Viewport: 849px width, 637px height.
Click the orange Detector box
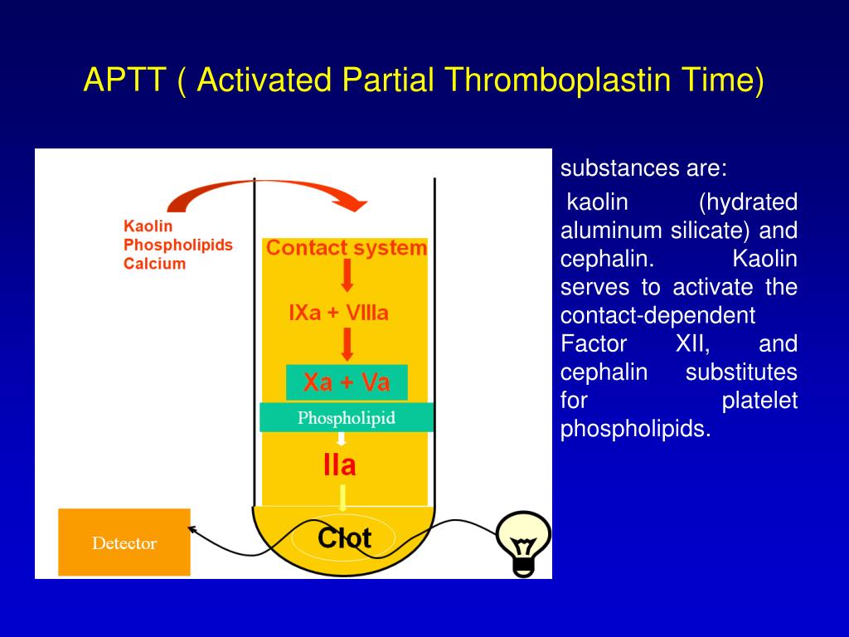(x=124, y=542)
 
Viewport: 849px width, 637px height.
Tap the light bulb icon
(x=523, y=544)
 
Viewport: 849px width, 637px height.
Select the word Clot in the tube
(x=344, y=537)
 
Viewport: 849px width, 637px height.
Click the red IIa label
(x=339, y=465)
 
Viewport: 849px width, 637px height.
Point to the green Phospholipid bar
(x=347, y=417)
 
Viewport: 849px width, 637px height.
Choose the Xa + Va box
(x=347, y=382)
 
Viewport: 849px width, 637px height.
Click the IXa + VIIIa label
(x=339, y=313)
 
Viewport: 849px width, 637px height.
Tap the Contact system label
(x=347, y=248)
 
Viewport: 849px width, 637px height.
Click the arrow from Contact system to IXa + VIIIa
(x=347, y=275)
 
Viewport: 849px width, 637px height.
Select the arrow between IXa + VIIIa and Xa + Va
(x=347, y=344)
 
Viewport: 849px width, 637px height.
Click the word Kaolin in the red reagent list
(x=148, y=226)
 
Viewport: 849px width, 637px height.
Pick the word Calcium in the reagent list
(x=154, y=264)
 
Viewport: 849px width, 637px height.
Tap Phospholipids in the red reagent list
(x=178, y=245)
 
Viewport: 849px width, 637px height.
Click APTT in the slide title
(x=124, y=80)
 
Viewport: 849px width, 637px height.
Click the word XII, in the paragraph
(x=692, y=344)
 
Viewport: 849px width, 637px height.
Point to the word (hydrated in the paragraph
(x=748, y=202)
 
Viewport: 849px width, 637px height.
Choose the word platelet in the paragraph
(x=759, y=401)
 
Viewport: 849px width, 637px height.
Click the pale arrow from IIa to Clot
(x=342, y=498)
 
